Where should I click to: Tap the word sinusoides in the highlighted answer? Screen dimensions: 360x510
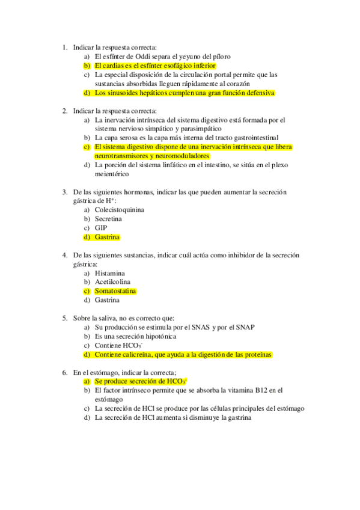pyautogui.click(x=124, y=93)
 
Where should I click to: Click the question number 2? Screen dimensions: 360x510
pyautogui.click(x=65, y=111)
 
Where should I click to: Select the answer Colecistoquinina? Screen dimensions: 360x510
pyautogui.click(x=120, y=210)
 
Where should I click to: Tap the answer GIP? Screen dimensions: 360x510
pyautogui.click(x=100, y=228)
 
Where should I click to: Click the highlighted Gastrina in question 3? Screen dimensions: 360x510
pyautogui.click(x=107, y=237)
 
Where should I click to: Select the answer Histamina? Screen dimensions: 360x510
pyautogui.click(x=111, y=273)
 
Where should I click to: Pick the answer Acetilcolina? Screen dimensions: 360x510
pyautogui.click(x=112, y=282)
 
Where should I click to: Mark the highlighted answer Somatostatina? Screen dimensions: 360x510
pyautogui.click(x=115, y=291)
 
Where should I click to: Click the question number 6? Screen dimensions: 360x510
pyautogui.click(x=65, y=373)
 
